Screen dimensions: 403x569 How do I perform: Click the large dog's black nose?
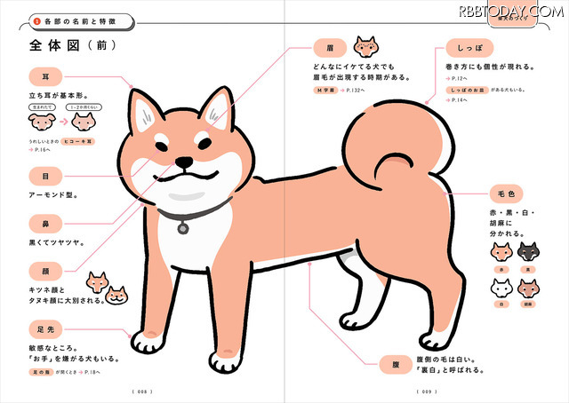[x=183, y=162]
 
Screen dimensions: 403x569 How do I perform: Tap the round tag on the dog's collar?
[x=183, y=228]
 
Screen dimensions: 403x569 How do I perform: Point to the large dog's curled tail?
[x=391, y=146]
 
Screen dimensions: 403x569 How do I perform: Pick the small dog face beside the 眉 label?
[x=365, y=45]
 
